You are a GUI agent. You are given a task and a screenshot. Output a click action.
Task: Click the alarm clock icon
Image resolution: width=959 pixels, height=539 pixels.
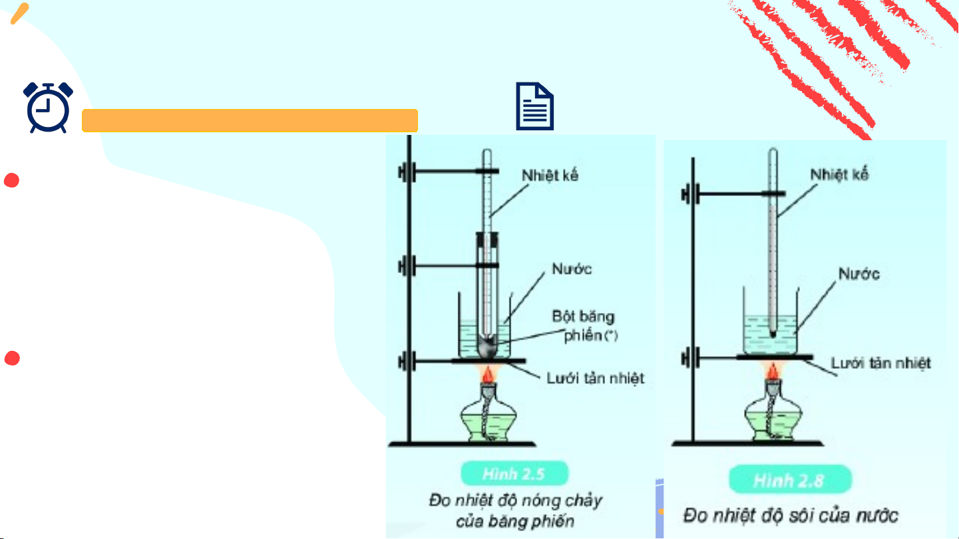pos(48,108)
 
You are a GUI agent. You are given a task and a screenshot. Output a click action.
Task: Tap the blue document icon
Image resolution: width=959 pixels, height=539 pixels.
pos(534,106)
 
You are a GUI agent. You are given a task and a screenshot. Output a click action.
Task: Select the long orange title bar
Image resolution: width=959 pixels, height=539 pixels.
pos(250,120)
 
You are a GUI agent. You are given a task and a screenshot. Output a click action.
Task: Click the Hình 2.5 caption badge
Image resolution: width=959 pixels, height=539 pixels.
pos(514,473)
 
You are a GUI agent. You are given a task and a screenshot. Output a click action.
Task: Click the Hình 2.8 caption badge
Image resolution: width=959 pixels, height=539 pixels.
pos(791,480)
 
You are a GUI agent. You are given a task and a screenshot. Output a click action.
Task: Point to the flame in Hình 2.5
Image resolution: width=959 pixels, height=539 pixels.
pos(488,374)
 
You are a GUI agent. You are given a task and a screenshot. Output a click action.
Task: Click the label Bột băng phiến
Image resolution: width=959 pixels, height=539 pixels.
pos(585,326)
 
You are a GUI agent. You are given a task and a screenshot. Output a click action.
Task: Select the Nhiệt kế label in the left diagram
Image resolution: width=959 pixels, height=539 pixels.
pos(550,175)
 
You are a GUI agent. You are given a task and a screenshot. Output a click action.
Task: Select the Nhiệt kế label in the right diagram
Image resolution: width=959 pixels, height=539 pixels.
pos(839,174)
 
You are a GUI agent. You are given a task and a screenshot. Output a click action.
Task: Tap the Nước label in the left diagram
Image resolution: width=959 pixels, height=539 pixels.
pos(572,269)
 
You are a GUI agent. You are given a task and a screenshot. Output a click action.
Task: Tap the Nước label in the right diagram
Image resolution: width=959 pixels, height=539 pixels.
pos(859,274)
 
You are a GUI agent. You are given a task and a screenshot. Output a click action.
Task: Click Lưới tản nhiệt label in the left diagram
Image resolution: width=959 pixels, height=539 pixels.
pos(595,378)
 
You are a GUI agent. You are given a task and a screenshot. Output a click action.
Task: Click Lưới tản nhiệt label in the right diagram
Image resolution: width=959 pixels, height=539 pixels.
pos(880,363)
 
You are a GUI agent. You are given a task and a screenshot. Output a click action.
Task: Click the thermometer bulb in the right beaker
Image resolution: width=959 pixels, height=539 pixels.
pos(773,334)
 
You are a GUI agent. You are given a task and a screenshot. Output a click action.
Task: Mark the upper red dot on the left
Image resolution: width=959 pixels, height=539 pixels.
pos(11,180)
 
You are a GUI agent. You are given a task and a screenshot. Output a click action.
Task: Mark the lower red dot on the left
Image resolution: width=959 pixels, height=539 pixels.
pos(12,358)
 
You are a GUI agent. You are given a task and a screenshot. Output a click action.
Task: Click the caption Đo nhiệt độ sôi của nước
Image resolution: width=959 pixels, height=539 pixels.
pos(791,516)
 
